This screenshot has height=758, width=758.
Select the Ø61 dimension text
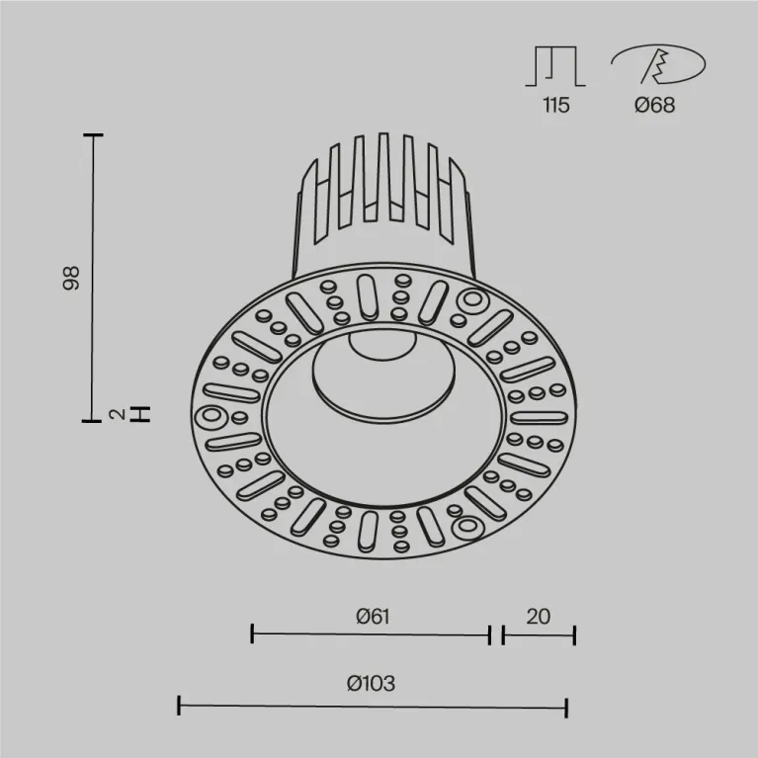(x=371, y=617)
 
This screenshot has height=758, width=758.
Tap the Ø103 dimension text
(x=372, y=683)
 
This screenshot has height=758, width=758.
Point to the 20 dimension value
(x=538, y=617)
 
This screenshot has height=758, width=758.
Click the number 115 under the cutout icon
(x=555, y=106)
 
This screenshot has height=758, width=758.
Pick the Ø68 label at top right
(x=655, y=106)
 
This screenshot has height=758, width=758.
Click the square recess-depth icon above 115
(x=555, y=65)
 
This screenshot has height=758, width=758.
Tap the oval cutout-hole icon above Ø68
(x=657, y=65)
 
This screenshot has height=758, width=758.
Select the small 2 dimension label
(x=118, y=414)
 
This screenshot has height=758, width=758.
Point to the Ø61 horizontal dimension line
(x=371, y=633)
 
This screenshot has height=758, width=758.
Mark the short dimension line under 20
(x=539, y=633)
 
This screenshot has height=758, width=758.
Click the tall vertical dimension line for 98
(x=94, y=277)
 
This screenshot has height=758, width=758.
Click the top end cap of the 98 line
(x=94, y=135)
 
